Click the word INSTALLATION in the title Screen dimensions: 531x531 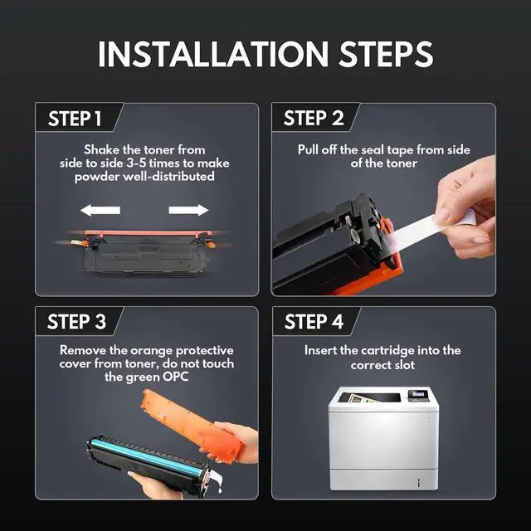point(213,54)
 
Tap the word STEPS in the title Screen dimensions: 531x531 point(386,54)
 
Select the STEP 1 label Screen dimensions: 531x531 point(75,119)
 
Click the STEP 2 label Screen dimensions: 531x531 point(314,118)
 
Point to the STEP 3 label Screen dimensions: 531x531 point(76,321)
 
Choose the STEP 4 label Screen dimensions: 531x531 point(314,321)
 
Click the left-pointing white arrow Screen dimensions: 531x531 point(100,210)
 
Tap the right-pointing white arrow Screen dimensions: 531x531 point(188,210)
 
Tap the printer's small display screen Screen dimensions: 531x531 point(417,394)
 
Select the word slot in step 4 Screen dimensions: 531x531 point(403,365)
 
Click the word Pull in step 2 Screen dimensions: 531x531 point(308,149)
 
